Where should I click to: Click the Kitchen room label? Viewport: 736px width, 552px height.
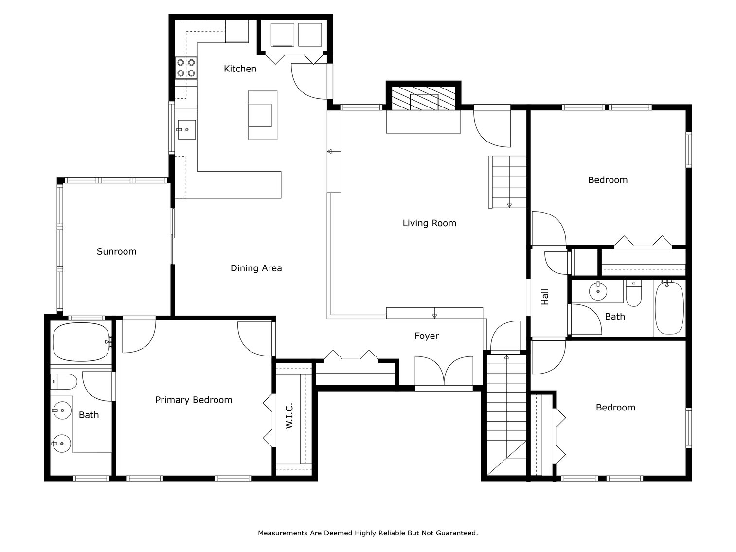click(x=240, y=69)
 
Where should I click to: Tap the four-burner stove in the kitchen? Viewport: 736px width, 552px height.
click(x=186, y=68)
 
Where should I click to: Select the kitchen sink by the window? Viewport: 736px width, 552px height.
click(x=186, y=130)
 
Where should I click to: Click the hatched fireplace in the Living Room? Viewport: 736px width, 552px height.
click(x=423, y=99)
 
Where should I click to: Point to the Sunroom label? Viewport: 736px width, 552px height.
click(x=116, y=251)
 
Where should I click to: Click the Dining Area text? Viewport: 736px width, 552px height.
click(x=256, y=268)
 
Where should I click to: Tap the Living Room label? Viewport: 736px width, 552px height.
click(x=429, y=223)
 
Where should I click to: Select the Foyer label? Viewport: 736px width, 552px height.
click(x=426, y=336)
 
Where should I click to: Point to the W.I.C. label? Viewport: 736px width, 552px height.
click(x=289, y=416)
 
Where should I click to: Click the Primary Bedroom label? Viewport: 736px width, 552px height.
click(x=193, y=400)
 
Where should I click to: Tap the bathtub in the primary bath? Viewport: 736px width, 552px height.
click(x=81, y=342)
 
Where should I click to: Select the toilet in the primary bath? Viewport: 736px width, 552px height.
click(x=64, y=382)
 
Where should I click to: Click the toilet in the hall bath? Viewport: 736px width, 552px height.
click(x=633, y=293)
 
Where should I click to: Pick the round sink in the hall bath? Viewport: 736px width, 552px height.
click(x=598, y=291)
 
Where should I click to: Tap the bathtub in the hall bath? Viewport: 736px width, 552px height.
click(x=669, y=308)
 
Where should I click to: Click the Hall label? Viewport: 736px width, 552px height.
click(x=545, y=297)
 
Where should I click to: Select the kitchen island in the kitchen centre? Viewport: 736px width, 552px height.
click(x=263, y=115)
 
